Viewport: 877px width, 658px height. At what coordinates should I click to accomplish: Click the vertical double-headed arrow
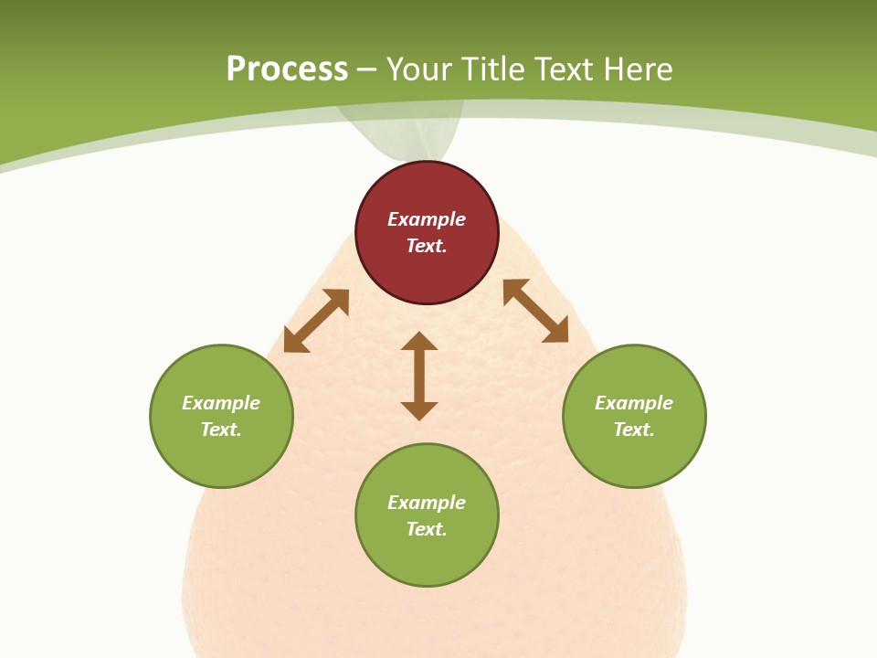(x=419, y=376)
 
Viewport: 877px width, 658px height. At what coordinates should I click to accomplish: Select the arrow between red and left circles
(x=316, y=321)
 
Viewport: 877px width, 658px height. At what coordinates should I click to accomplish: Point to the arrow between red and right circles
(x=535, y=311)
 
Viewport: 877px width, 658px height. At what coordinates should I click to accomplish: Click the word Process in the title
(x=287, y=69)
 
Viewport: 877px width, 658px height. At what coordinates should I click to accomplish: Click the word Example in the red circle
(x=427, y=219)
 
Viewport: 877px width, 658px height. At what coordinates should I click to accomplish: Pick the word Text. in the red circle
(x=427, y=246)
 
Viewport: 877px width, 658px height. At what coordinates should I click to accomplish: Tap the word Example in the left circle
(x=221, y=403)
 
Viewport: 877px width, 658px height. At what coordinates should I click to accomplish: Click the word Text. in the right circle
(x=634, y=430)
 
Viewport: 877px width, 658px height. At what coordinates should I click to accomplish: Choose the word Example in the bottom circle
(x=427, y=503)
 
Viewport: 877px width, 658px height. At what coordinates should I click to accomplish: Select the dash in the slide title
(x=367, y=69)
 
